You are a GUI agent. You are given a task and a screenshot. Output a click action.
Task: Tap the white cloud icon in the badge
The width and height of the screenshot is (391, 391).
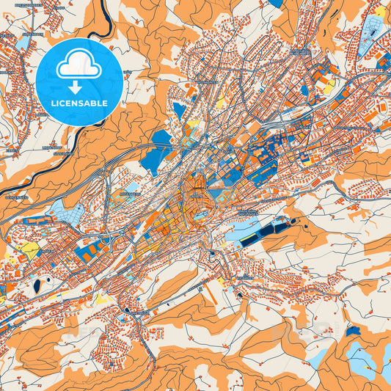pos(78,65)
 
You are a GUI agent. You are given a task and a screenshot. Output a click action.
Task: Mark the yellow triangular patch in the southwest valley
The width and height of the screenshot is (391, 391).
pos(31,250)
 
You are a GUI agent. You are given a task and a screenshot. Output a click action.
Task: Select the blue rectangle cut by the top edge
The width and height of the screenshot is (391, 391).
pos(275,3)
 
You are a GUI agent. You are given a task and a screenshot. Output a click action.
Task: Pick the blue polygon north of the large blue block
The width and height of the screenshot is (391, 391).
pos(178,110)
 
